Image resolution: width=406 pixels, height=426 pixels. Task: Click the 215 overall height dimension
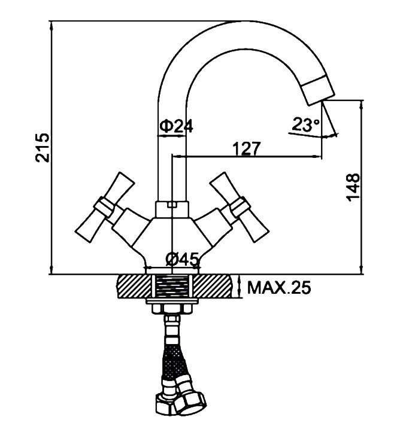[x=43, y=148]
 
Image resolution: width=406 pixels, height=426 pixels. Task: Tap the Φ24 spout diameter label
[x=175, y=126]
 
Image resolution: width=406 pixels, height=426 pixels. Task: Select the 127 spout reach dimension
[x=246, y=148]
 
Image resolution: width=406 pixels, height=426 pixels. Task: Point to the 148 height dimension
[x=353, y=187]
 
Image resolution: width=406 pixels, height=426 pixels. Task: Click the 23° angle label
[x=305, y=125]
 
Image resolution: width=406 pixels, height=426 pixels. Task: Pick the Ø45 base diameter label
[x=182, y=259]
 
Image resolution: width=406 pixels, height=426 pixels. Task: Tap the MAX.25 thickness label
[x=278, y=287]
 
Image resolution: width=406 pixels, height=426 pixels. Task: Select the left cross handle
[x=105, y=207]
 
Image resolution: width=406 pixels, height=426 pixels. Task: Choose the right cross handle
[x=240, y=207]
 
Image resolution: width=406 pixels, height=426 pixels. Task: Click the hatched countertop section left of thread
[x=134, y=287]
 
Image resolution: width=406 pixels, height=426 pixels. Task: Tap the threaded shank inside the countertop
[x=172, y=287]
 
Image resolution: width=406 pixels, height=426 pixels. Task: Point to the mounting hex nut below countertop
[x=172, y=309]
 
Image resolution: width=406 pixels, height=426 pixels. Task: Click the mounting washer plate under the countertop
[x=172, y=301]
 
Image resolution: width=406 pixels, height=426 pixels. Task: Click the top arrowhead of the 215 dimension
[x=51, y=26]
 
